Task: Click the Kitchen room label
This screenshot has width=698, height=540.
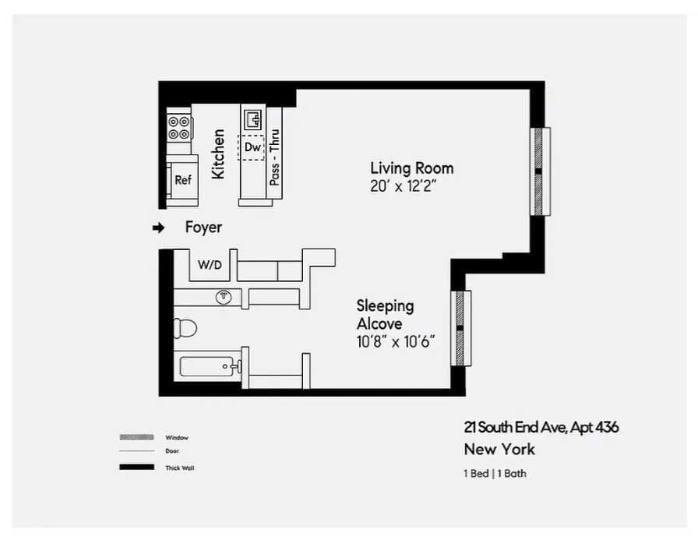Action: tap(219, 154)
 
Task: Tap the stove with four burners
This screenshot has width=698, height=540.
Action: tap(179, 128)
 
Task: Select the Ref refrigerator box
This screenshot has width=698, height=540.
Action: tap(183, 180)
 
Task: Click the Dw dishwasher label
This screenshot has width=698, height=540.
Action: tap(252, 146)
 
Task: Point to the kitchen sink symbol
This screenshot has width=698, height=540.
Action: tap(253, 119)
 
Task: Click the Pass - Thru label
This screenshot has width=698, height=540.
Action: tap(274, 157)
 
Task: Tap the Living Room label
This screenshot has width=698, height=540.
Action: tap(411, 168)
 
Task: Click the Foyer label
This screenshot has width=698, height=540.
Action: tap(203, 228)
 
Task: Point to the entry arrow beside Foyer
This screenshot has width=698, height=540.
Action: tap(158, 228)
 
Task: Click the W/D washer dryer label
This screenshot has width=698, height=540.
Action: tap(210, 265)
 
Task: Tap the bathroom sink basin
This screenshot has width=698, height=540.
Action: tap(224, 297)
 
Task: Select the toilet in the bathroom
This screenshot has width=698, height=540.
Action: tap(185, 328)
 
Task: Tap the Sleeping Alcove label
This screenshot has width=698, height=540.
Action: tap(385, 314)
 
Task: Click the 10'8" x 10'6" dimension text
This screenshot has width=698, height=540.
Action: tap(395, 341)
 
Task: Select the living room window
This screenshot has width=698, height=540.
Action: tap(540, 171)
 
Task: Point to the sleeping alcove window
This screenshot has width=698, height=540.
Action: tap(460, 327)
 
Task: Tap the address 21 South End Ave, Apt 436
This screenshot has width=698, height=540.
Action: tap(541, 427)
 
